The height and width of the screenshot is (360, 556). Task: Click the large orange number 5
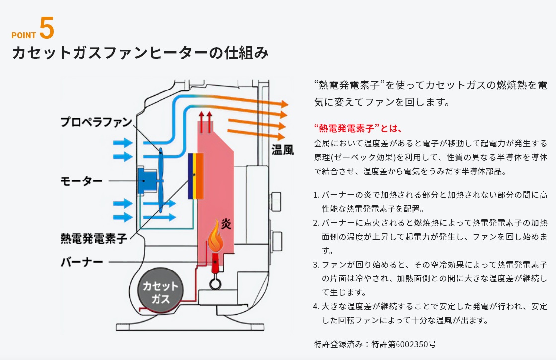pyautogui.click(x=46, y=29)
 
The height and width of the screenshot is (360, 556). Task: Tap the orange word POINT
pyautogui.click(x=24, y=35)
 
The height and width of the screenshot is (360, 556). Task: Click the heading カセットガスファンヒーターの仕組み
pyautogui.click(x=140, y=53)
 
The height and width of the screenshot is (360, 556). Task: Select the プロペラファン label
pyautogui.click(x=96, y=122)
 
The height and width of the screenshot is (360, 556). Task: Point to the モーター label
pyautogui.click(x=81, y=180)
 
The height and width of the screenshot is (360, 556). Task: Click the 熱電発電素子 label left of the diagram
pyautogui.click(x=93, y=238)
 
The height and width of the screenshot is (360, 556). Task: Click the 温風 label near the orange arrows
pyautogui.click(x=282, y=149)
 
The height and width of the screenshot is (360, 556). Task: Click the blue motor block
pyautogui.click(x=147, y=180)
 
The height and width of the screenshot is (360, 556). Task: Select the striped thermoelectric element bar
pyautogui.click(x=196, y=176)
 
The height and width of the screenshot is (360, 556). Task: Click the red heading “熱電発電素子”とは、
pyautogui.click(x=357, y=128)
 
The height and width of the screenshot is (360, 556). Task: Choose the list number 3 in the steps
pyautogui.click(x=316, y=265)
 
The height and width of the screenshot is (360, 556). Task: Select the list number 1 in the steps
pyautogui.click(x=316, y=195)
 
